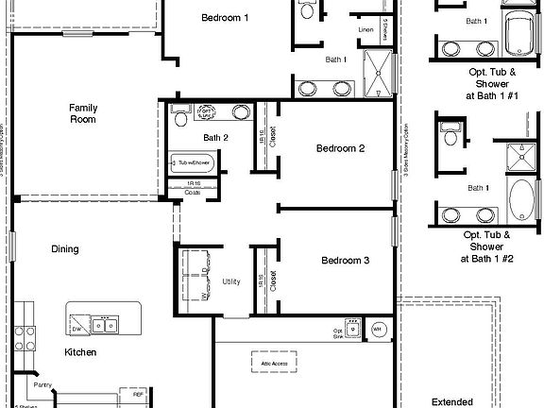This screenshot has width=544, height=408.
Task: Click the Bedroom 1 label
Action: pos(226,18)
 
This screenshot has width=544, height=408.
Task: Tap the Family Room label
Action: pos(83,114)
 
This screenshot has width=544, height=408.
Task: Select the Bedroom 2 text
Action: pos(340,148)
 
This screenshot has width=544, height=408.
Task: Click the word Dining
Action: pos(64,249)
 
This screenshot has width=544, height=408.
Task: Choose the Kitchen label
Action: pos(79,352)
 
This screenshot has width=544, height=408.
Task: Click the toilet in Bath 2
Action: pos(181,116)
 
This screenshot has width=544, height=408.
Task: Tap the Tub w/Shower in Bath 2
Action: pos(192,163)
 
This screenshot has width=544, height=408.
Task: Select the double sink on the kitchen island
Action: pos(106,326)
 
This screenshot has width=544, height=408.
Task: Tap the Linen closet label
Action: pos(366,29)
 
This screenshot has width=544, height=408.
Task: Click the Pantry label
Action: pos(42,385)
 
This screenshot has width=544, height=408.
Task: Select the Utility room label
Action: pos(230,281)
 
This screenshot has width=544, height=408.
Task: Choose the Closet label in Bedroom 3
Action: pos(272,279)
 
